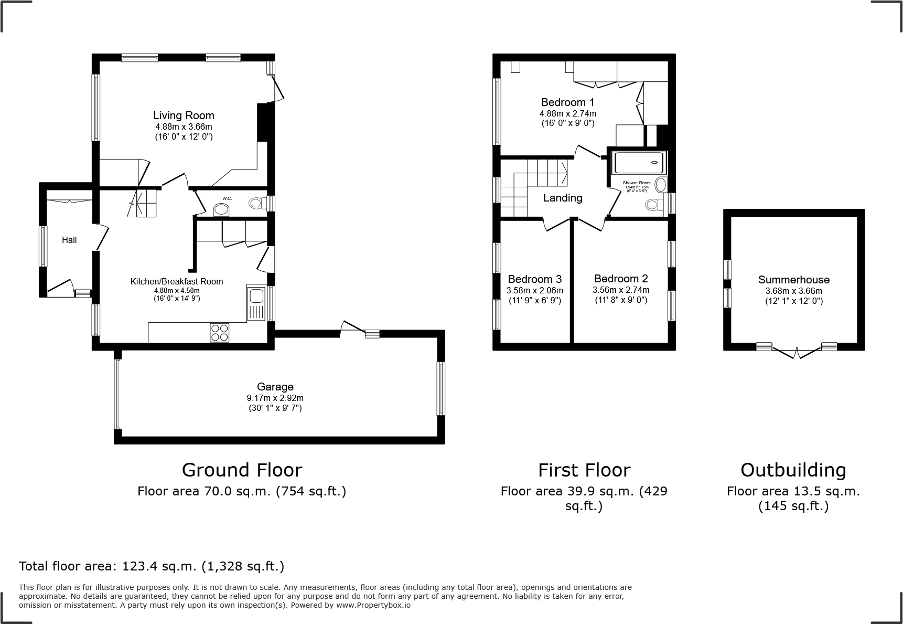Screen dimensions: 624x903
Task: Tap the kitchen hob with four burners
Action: (219, 332)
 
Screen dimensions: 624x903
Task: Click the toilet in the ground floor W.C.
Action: (256, 203)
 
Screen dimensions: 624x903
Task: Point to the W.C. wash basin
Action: (222, 210)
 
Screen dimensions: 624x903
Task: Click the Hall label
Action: (69, 240)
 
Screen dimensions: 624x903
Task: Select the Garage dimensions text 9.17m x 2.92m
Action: (275, 398)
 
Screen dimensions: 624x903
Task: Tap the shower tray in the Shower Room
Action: (639, 163)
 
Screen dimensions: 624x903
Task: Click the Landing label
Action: (562, 198)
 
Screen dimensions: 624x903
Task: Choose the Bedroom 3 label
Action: (534, 279)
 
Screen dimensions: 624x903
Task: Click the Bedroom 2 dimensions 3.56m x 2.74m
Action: (621, 290)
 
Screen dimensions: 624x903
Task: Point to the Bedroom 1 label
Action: (567, 102)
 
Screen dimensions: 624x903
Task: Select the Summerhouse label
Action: (793, 280)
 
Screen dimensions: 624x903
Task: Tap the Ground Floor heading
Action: (242, 470)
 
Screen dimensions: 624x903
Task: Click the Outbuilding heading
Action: (793, 470)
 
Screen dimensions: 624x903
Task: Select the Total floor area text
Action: (152, 566)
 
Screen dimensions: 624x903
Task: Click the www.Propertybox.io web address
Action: (373, 605)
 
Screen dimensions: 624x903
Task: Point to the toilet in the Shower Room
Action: (654, 204)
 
